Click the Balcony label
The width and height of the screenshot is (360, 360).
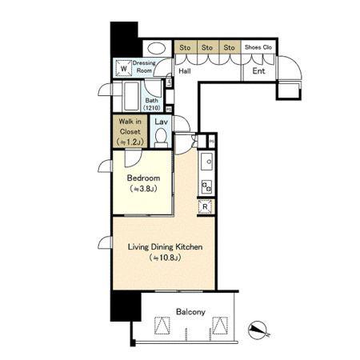click(190, 312)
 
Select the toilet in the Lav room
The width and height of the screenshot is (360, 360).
click(161, 138)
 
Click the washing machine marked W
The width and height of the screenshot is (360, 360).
click(123, 69)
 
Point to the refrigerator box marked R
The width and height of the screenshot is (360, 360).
click(205, 206)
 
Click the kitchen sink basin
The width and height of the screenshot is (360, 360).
click(206, 162)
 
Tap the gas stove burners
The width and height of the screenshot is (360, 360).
click(206, 186)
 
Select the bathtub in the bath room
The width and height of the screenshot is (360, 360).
click(131, 96)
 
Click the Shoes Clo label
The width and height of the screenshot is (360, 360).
click(258, 47)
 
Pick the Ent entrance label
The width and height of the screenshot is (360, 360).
click(258, 71)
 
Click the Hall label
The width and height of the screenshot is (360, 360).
click(185, 71)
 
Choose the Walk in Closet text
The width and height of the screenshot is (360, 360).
click(130, 126)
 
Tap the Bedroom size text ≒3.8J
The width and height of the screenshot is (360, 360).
click(143, 189)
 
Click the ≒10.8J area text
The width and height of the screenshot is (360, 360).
click(166, 258)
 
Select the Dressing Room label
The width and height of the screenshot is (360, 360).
click(144, 66)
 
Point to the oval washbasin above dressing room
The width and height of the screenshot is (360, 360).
click(157, 49)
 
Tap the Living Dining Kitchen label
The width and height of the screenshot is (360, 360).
click(165, 247)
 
